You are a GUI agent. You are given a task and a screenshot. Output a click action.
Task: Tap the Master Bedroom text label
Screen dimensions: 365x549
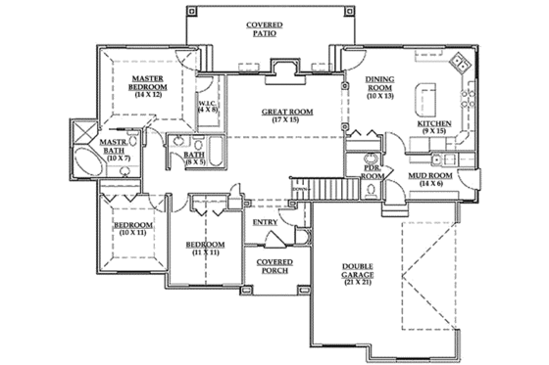click(x=148, y=81)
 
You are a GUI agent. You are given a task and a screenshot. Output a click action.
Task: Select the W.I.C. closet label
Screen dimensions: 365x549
click(x=207, y=105)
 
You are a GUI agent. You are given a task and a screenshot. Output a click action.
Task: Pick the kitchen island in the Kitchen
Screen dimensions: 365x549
click(x=426, y=96)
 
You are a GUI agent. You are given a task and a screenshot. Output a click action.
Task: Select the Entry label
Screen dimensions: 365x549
click(x=266, y=221)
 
